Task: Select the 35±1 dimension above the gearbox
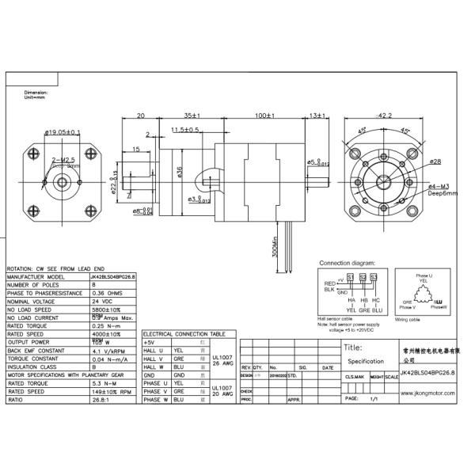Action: pos(189,115)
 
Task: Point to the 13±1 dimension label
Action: pos(317,115)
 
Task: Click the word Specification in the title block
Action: pos(365,360)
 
